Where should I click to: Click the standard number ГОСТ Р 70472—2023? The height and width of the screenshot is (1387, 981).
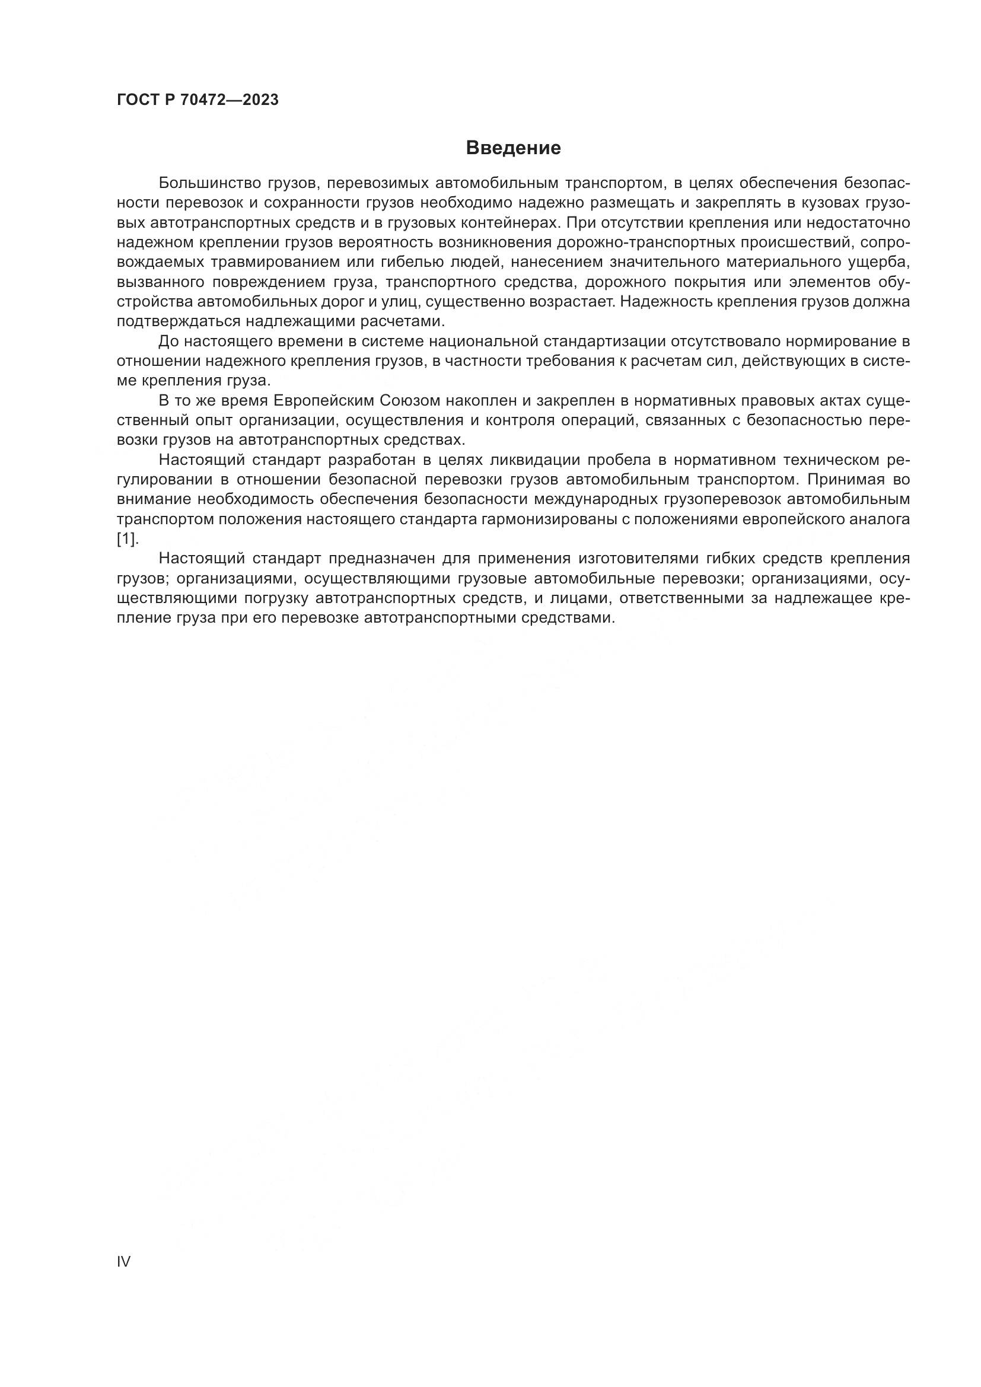pyautogui.click(x=198, y=100)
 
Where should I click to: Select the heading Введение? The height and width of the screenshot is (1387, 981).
pyautogui.click(x=514, y=148)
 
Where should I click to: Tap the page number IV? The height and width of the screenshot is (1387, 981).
pyautogui.click(x=123, y=1261)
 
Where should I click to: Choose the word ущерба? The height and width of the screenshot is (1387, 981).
pyautogui.click(x=879, y=262)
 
